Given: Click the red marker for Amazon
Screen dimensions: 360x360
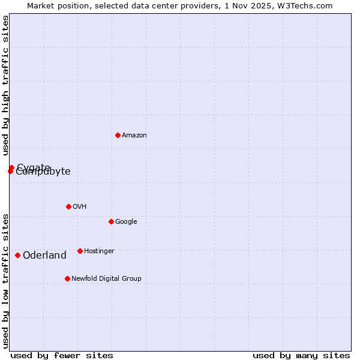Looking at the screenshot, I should click(x=118, y=135).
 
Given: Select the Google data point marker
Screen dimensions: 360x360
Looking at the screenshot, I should click(x=111, y=221).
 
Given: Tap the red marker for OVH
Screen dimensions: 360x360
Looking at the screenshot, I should click(x=68, y=206).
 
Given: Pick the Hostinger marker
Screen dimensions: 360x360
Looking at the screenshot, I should click(x=80, y=251).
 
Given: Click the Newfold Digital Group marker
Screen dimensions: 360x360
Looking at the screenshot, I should click(x=67, y=278).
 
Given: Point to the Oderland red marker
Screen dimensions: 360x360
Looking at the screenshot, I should click(x=17, y=255).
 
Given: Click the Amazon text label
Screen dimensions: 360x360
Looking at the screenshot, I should click(x=134, y=136).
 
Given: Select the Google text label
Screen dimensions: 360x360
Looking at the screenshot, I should click(x=126, y=222).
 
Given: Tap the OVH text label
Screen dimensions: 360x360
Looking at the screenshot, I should click(x=80, y=207).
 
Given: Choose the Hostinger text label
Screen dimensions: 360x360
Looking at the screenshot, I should click(x=99, y=251).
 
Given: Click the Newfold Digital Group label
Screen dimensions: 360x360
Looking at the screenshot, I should click(x=106, y=279).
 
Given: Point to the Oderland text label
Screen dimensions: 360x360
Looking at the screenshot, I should click(x=44, y=256).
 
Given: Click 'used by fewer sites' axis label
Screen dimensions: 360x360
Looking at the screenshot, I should click(x=62, y=355).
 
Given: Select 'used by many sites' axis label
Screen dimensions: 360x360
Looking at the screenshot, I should click(x=301, y=355).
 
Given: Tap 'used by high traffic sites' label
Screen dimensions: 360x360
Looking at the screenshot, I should click(x=6, y=86).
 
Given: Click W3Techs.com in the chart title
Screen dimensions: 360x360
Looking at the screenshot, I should click(x=307, y=6).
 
